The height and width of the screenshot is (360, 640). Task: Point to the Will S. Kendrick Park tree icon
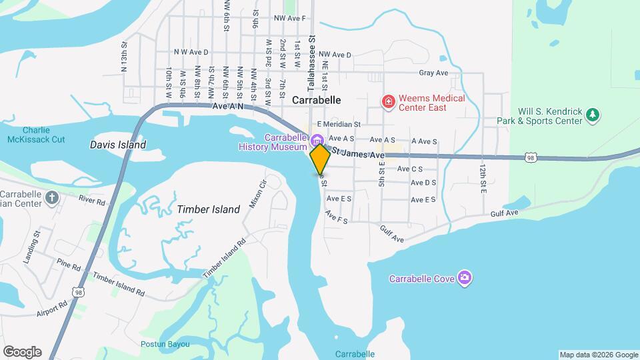coord(593,116)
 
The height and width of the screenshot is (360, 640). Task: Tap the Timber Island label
coord(209,209)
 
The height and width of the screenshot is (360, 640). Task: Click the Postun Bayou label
coord(165,344)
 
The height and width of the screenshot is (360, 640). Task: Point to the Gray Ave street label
coord(433,73)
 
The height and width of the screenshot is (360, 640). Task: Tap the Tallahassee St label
coord(310,47)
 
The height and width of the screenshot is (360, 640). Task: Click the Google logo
coord(22,351)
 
